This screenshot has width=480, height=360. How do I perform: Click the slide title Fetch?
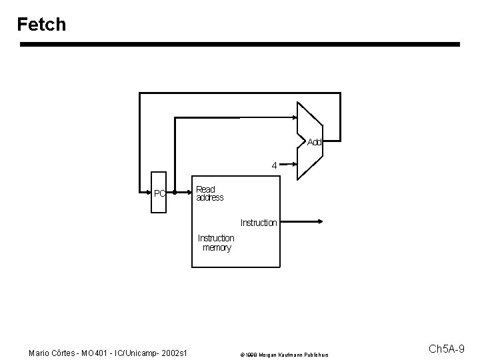pos(42,25)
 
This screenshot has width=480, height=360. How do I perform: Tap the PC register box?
pos(159,194)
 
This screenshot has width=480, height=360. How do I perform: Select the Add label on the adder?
pos(314,142)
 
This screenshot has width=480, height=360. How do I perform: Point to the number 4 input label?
pos(274,165)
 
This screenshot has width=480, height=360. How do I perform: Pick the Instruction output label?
pos(258,223)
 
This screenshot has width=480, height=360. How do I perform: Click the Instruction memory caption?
pos(216,243)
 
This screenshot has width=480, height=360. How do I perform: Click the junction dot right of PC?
pos(173,194)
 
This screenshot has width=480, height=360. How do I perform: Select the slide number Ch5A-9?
pos(451,349)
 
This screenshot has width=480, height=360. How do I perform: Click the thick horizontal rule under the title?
pos(240,45)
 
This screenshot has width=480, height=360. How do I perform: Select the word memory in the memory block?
pos(217,247)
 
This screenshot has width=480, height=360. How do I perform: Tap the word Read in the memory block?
pos(205,189)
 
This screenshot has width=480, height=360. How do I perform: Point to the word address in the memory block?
pos(210,198)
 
